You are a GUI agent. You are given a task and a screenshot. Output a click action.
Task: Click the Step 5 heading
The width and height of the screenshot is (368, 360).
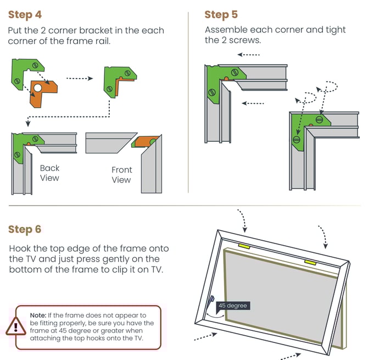tap(221, 15)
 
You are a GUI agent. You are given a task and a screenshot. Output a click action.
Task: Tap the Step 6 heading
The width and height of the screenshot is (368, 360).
tap(25, 229)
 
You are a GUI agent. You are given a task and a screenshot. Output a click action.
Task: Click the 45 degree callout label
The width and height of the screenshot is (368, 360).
tap(232, 306)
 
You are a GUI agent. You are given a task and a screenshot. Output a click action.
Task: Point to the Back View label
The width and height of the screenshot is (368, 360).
tap(49, 173)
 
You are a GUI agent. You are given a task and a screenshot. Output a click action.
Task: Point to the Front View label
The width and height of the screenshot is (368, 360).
tap(121, 175)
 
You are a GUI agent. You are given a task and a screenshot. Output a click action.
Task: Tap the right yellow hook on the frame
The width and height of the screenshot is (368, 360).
tap(310, 263)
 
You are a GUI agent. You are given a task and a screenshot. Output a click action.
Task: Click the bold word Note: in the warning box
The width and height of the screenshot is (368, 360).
tap(38, 315)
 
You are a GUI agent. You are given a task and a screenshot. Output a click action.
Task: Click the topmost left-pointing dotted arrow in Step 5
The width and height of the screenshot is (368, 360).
tap(249, 55)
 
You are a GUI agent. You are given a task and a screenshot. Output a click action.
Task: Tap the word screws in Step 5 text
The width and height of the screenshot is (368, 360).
tap(243, 40)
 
